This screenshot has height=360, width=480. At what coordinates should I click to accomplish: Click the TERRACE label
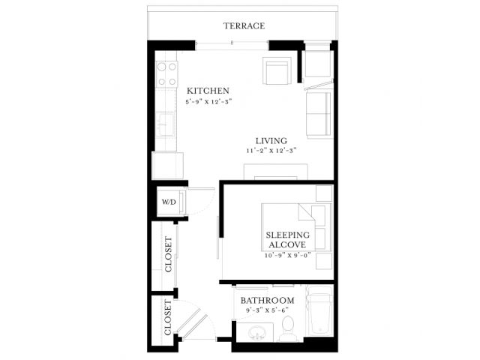tap(244, 25)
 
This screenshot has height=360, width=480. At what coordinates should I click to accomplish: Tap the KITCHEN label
tap(208, 91)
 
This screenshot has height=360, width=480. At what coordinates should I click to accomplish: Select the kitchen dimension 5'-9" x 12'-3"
tap(208, 102)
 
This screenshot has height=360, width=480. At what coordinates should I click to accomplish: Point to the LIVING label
tap(271, 141)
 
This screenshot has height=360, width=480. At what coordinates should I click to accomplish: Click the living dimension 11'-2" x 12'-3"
tap(271, 151)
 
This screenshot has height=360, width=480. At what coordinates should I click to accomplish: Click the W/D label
tap(169, 202)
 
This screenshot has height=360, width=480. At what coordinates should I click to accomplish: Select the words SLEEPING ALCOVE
tap(287, 240)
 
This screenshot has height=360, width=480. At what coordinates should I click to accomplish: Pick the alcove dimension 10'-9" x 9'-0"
tap(288, 255)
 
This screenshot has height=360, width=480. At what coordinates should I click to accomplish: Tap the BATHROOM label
tap(267, 300)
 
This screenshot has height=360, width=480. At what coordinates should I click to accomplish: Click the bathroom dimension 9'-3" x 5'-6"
tap(267, 310)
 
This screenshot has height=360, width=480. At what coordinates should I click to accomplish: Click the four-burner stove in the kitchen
tap(166, 73)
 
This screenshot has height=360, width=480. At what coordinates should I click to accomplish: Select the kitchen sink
tap(165, 124)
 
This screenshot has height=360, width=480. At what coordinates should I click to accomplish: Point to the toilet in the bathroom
tap(288, 328)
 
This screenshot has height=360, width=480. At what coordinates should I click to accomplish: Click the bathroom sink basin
tap(256, 333)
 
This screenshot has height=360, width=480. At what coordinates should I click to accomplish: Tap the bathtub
tap(320, 311)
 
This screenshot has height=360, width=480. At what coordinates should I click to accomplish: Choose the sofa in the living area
tap(319, 115)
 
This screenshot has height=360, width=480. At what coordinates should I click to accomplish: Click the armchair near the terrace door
tap(277, 70)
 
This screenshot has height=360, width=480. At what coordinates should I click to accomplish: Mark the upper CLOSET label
tap(169, 254)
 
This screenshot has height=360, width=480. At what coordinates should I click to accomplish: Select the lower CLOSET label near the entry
tap(168, 317)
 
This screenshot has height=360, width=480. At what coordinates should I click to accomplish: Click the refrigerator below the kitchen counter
tap(168, 166)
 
